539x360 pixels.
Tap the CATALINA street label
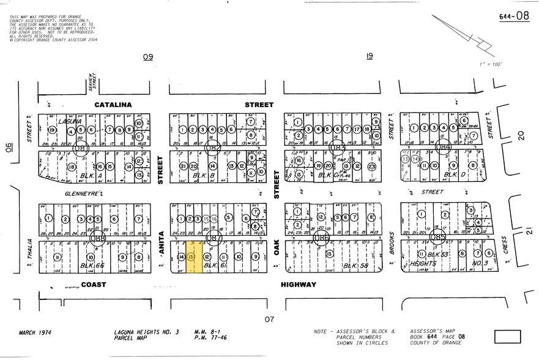(113, 105)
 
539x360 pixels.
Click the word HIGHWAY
(299, 285)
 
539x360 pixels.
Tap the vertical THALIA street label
(29, 251)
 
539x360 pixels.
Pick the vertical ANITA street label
(162, 242)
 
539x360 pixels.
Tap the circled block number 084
(443, 147)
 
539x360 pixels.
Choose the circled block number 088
(97, 238)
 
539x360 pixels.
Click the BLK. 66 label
(94, 266)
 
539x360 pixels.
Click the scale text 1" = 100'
(490, 64)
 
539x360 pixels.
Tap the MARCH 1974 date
(35, 332)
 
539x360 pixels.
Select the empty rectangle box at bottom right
(507, 337)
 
